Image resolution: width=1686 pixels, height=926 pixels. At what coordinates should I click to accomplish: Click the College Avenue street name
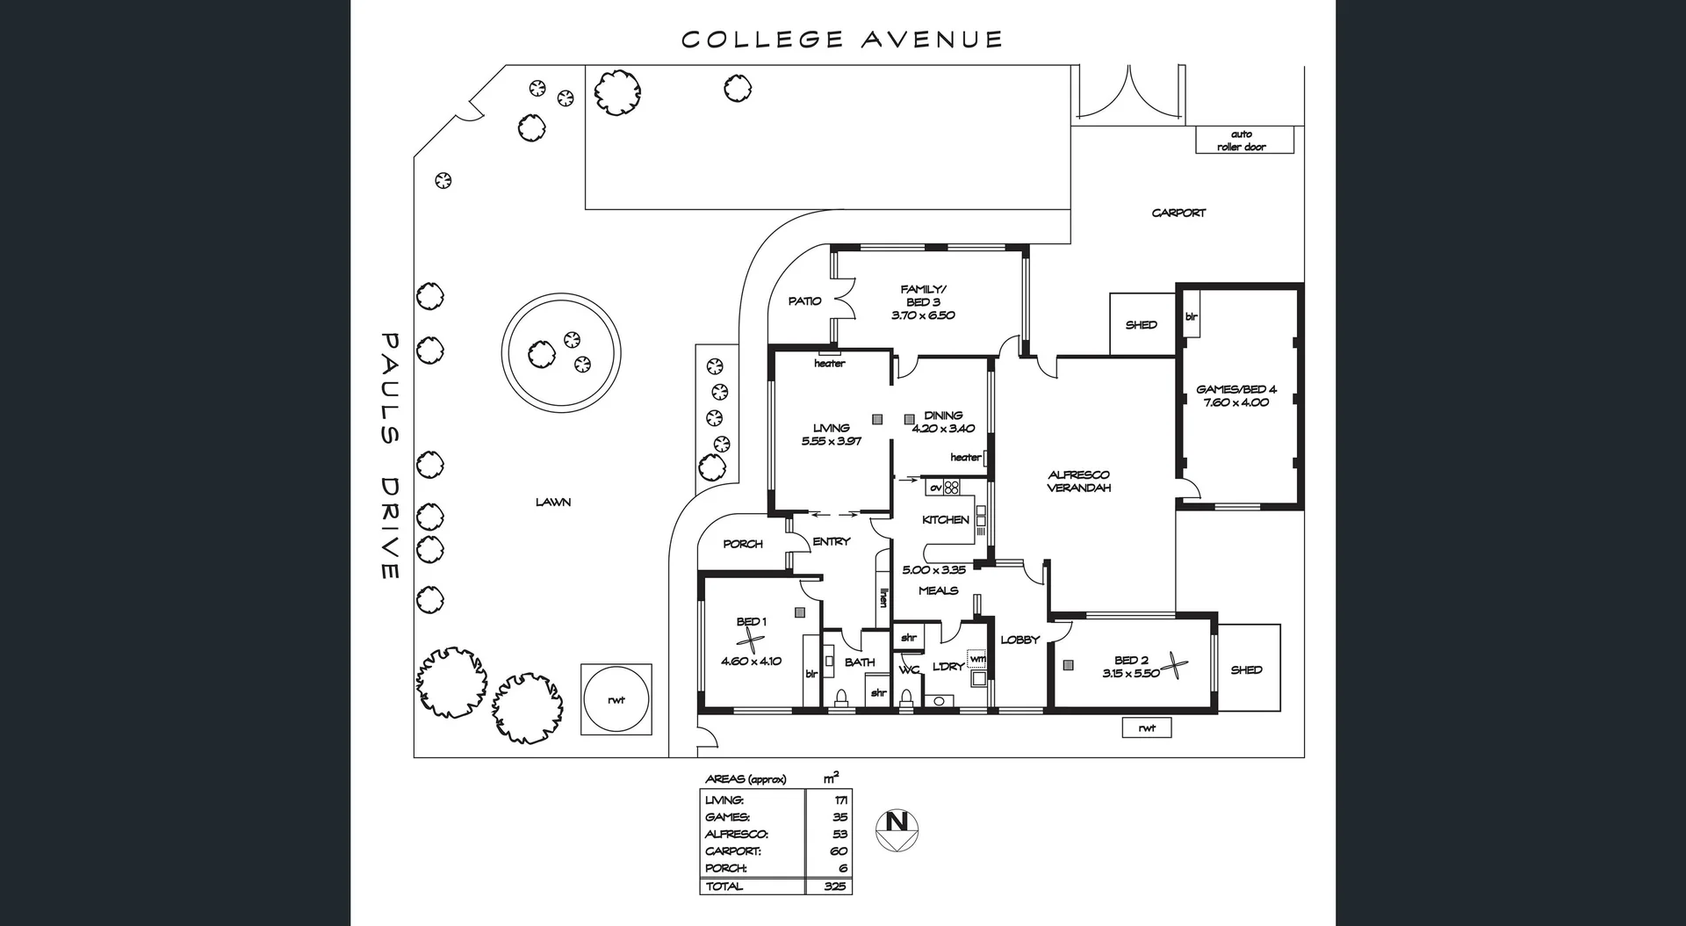841,40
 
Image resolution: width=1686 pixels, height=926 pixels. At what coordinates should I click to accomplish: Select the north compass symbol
897,828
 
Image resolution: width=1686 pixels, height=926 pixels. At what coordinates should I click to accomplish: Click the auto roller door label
1242,141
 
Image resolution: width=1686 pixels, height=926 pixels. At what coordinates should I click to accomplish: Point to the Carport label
1178,213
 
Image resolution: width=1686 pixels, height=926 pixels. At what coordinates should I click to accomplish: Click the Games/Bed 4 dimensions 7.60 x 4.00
1236,402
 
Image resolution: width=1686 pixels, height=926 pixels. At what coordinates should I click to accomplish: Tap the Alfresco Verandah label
1078,481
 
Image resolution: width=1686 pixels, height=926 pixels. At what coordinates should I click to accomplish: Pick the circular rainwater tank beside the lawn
616,699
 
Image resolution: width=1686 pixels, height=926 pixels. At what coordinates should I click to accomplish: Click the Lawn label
553,502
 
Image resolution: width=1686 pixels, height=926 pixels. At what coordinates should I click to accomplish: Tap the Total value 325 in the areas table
834,886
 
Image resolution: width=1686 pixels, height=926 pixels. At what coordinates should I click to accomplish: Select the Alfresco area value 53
839,834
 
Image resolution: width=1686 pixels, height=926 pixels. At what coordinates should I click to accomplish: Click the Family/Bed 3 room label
923,295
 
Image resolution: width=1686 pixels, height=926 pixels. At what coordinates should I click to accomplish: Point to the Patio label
804,300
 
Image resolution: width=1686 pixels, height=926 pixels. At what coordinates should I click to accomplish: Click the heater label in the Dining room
965,457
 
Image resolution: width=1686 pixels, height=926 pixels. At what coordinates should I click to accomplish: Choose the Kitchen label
945,519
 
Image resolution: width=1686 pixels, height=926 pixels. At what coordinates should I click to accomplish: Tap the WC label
908,670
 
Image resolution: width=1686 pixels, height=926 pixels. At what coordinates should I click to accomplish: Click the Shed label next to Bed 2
1246,669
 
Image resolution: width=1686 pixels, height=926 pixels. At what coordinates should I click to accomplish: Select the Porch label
743,544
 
